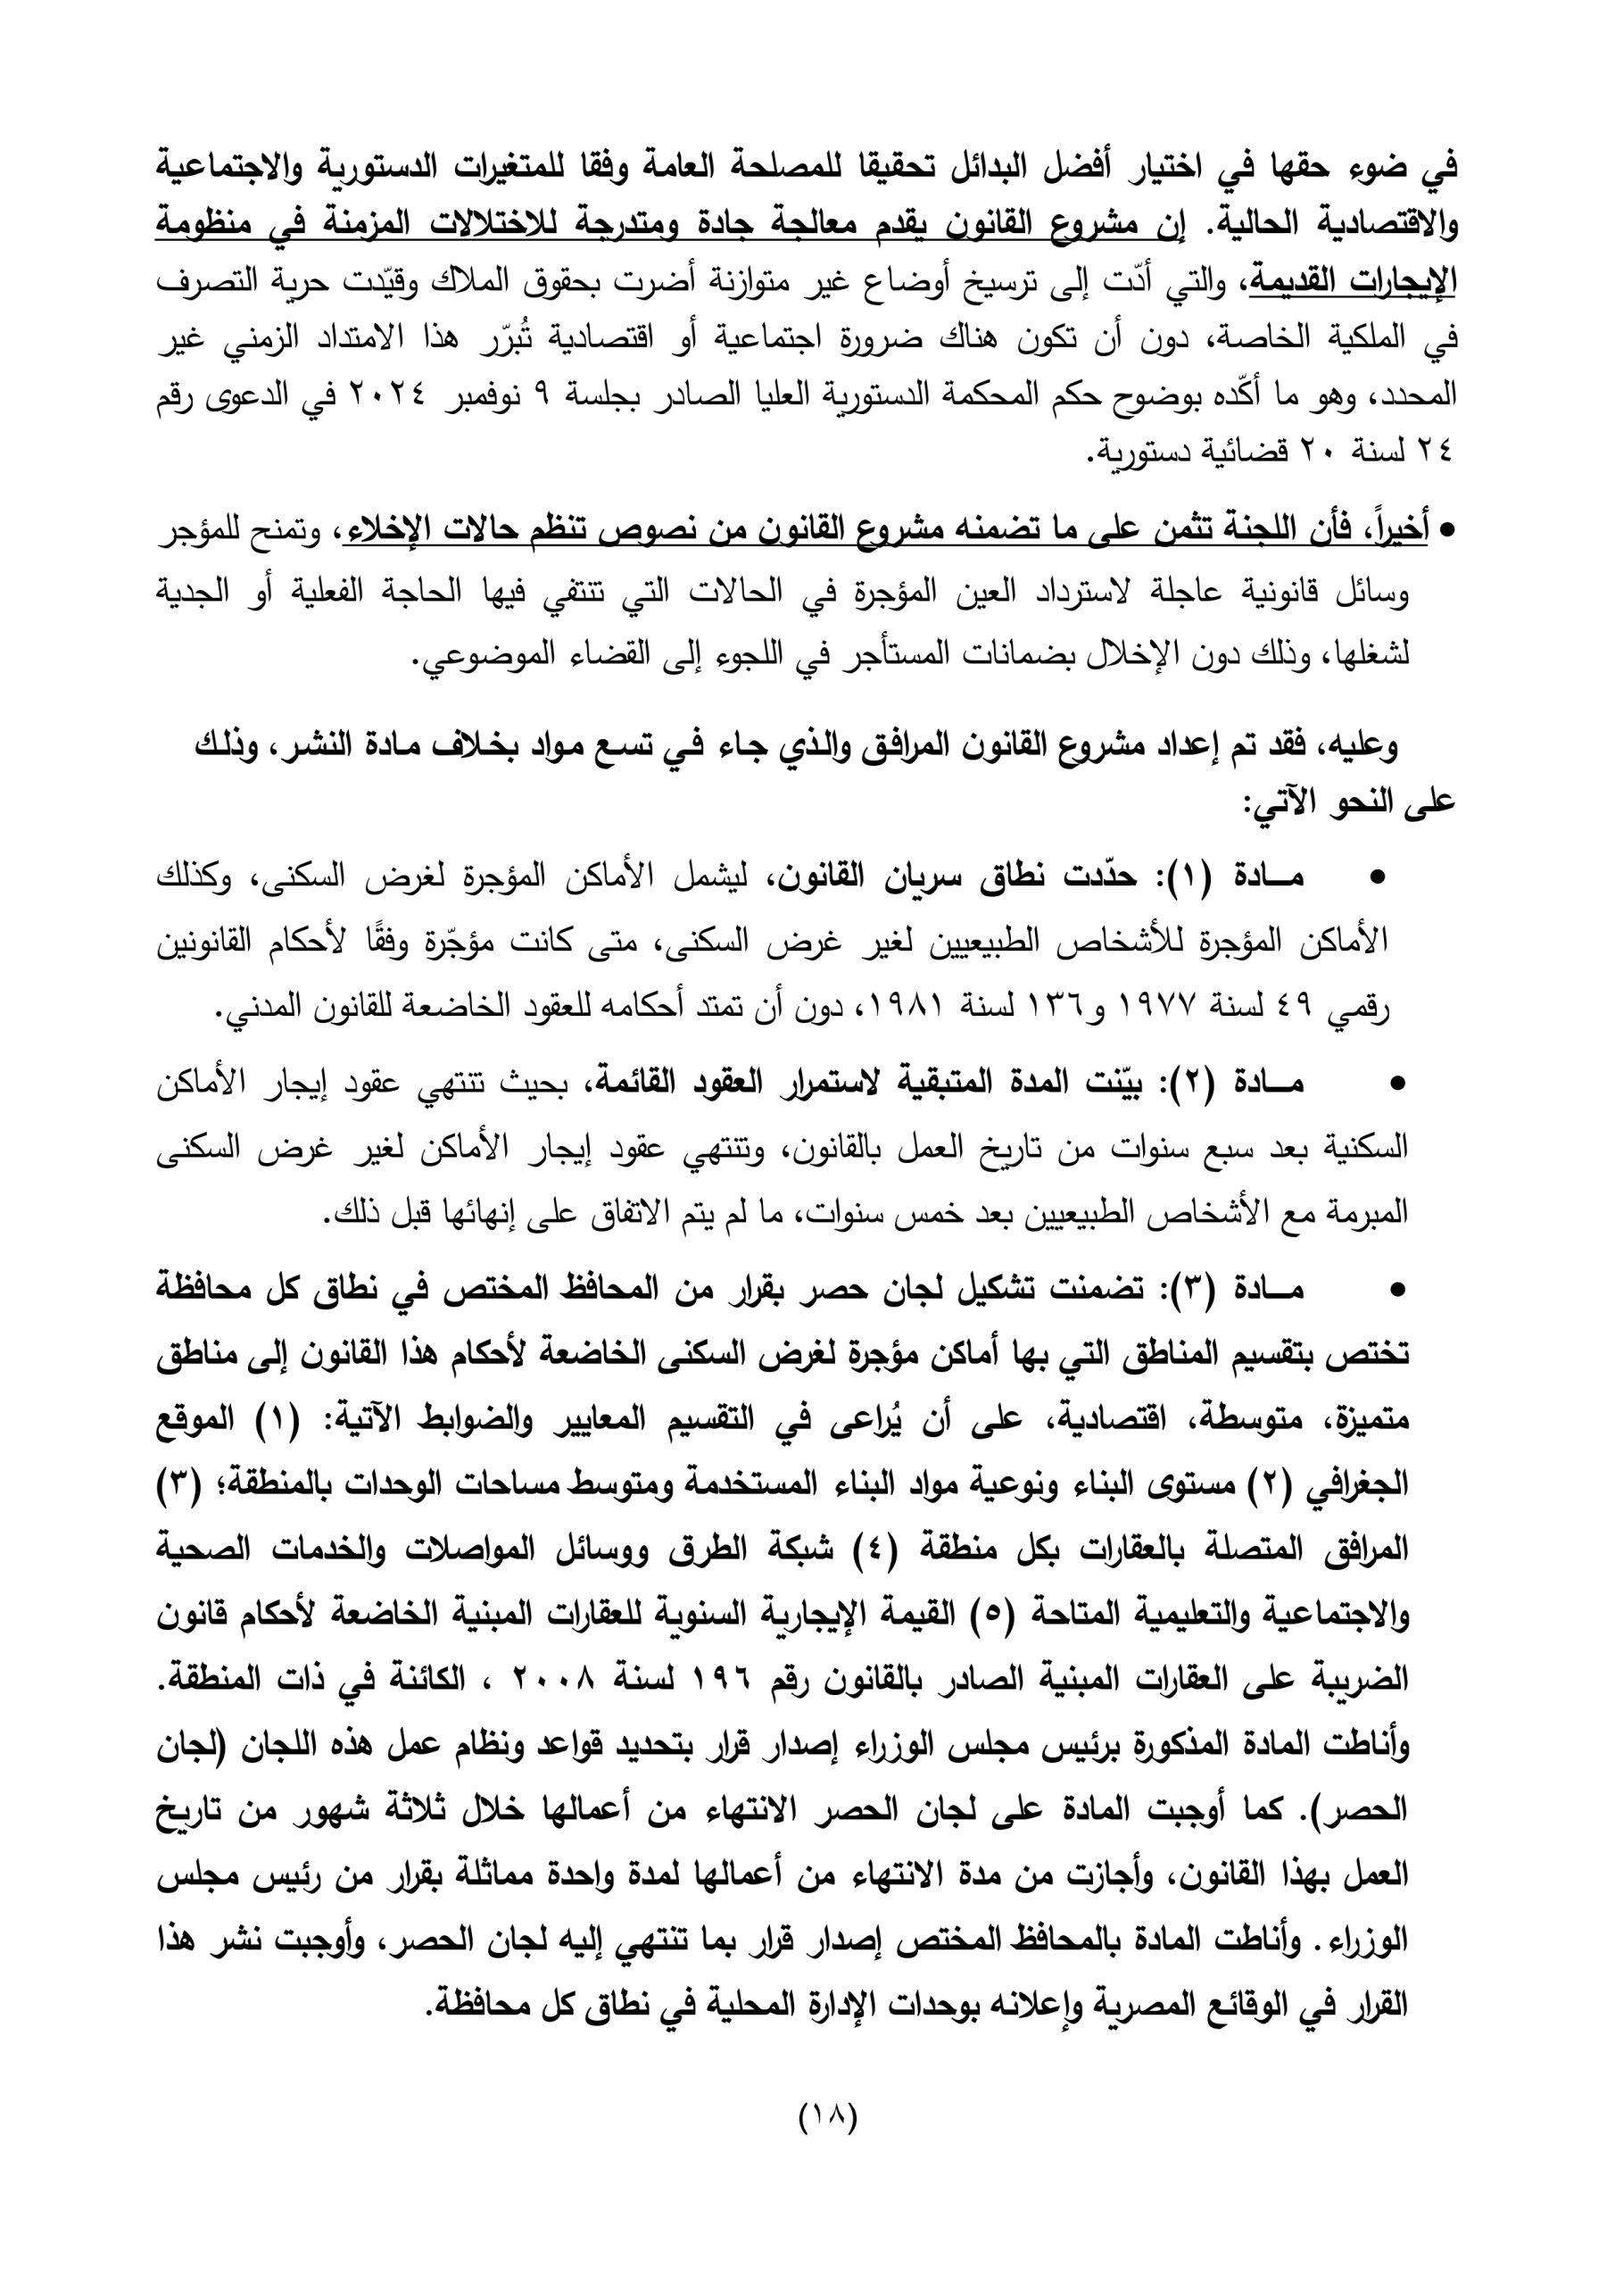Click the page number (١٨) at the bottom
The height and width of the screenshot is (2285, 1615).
click(828, 2145)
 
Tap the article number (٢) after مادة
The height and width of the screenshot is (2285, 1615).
click(1189, 1083)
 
